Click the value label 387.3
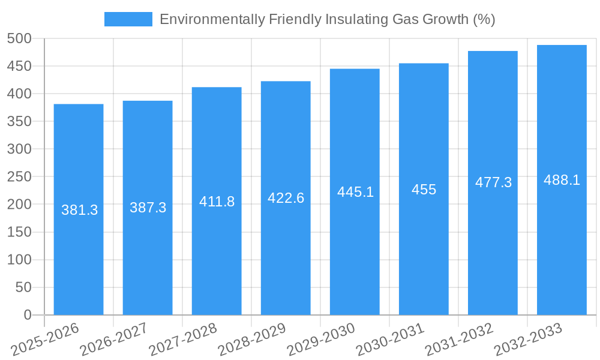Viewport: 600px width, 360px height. point(148,208)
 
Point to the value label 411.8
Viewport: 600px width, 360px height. point(217,202)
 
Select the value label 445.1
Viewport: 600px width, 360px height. point(355,192)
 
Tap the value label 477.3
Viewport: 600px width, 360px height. point(493,182)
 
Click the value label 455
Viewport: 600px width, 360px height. point(424,190)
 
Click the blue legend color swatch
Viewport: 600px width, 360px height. point(128,19)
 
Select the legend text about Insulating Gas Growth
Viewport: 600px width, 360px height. point(327,19)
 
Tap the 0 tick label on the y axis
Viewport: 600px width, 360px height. point(27,315)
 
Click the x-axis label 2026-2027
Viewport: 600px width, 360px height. point(115,340)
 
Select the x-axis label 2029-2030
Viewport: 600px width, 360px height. point(322,340)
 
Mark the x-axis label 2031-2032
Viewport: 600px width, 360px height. point(460,340)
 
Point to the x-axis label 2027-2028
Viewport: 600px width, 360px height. point(184,340)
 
